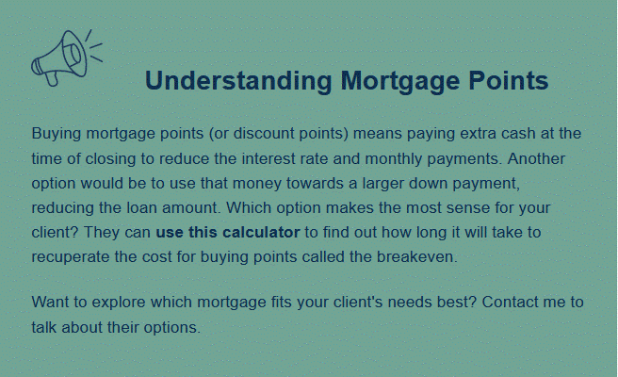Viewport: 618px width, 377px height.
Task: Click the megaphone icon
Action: (67, 57)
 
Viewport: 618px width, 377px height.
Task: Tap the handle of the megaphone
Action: (52, 78)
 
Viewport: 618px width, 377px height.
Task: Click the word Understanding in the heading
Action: (239, 80)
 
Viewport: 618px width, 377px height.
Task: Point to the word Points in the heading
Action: (509, 80)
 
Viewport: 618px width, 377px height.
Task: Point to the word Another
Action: (536, 158)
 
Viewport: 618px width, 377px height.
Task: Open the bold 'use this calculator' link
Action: (228, 232)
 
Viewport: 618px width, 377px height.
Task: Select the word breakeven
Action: (417, 256)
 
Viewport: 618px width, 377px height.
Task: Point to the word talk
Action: (44, 327)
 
